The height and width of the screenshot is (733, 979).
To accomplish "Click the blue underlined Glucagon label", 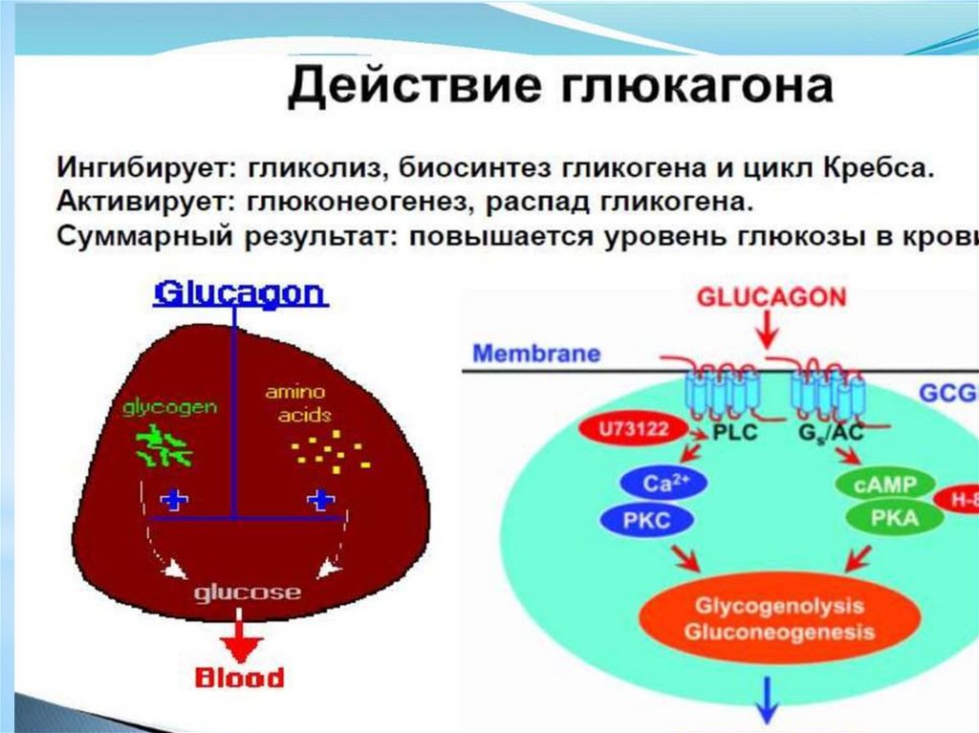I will tap(240, 293).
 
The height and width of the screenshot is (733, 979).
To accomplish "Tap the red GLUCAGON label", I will tap(771, 297).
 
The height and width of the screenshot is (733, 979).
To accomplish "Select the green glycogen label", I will tap(168, 407).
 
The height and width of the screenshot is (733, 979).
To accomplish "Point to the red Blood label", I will tap(240, 678).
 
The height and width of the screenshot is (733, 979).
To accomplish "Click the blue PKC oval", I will tap(648, 521).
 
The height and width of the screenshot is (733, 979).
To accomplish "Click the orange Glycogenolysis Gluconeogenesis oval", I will tap(778, 618).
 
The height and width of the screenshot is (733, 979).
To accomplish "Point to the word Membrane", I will tap(536, 354).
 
